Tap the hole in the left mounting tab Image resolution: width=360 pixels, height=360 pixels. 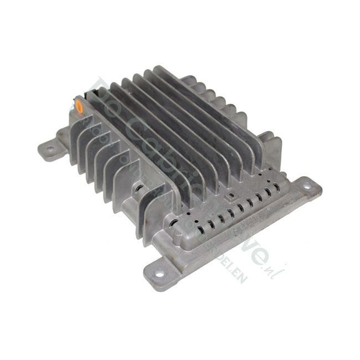coord(50,148)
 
